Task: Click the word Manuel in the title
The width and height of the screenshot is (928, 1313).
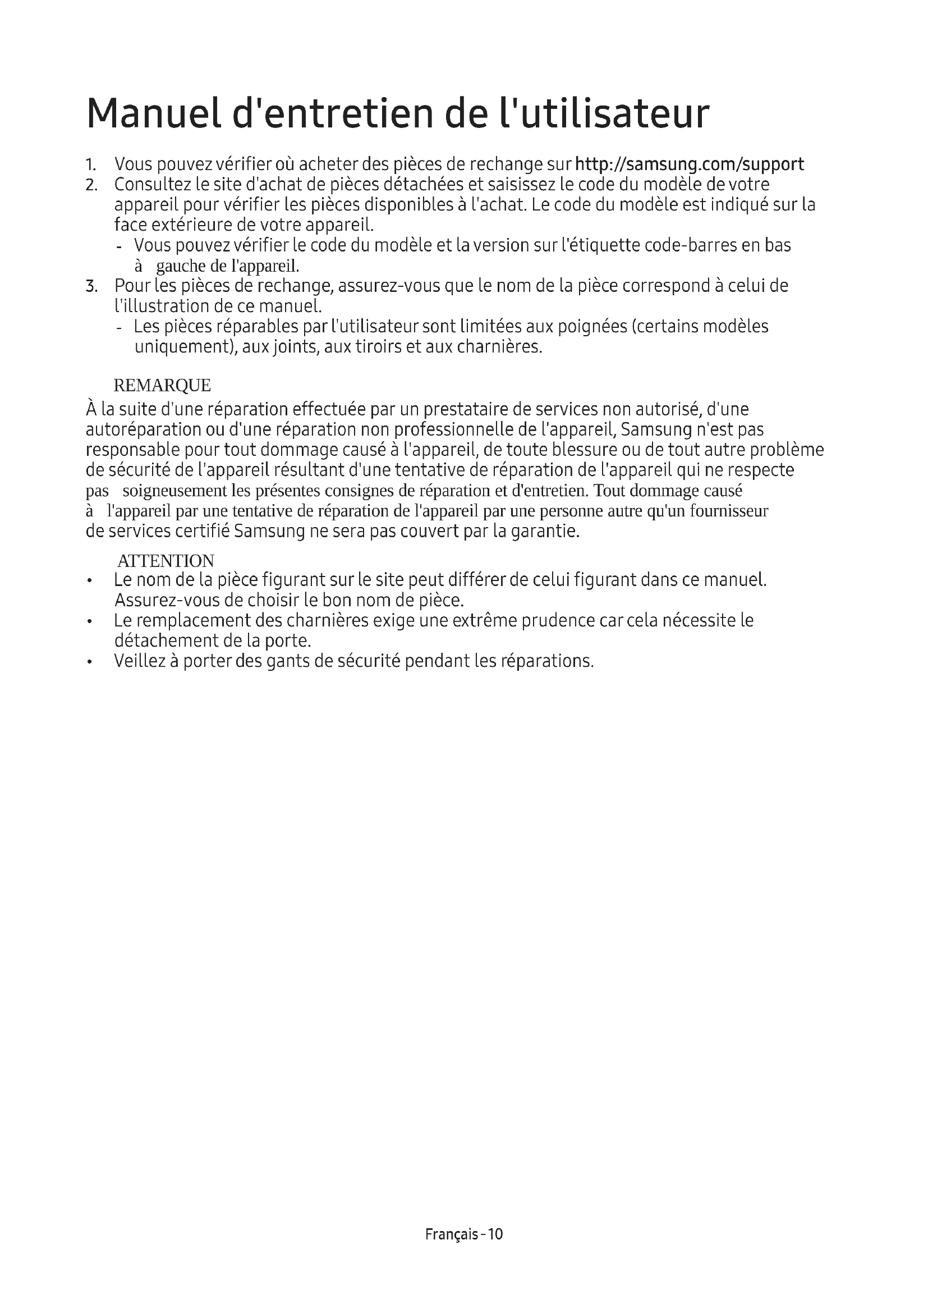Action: pos(154,114)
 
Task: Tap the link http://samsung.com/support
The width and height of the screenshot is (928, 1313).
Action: pos(689,164)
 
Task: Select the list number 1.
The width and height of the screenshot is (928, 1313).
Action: pos(90,165)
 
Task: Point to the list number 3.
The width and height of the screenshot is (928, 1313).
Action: pos(91,286)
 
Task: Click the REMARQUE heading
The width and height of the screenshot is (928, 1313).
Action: pos(162,386)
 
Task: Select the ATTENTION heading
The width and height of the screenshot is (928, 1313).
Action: pos(166,560)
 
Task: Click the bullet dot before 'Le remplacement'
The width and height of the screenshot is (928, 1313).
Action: pos(90,621)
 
